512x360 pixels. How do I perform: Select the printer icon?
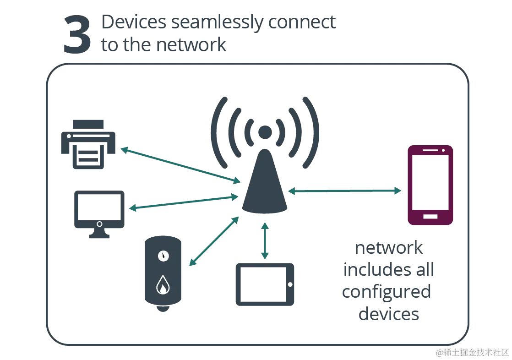pos(88,145)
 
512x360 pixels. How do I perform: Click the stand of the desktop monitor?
pos(99,236)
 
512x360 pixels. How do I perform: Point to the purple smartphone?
pos(430,185)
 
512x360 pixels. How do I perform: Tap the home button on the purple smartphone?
pos(430,217)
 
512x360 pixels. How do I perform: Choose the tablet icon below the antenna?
pos(265,284)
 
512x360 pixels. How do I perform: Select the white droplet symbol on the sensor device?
pos(163,285)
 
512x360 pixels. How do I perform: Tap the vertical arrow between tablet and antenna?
pos(265,240)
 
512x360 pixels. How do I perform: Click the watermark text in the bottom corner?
pos(472,352)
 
